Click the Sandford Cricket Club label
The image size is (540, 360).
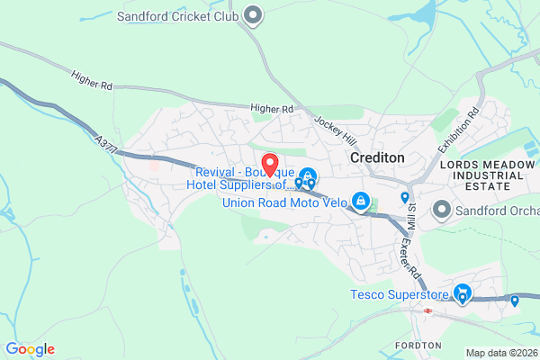point(177,15)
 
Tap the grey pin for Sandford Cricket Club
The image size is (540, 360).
point(254,14)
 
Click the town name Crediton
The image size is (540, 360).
point(376,157)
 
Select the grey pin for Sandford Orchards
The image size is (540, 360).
point(442,210)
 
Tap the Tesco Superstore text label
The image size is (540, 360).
point(399,294)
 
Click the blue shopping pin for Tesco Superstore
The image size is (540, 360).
point(463,293)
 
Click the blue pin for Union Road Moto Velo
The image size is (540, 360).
point(361,201)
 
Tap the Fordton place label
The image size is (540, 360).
point(418,346)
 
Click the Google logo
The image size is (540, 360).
point(30,349)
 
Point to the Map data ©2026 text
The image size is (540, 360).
point(500,352)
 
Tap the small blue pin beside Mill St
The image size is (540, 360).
point(405,197)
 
